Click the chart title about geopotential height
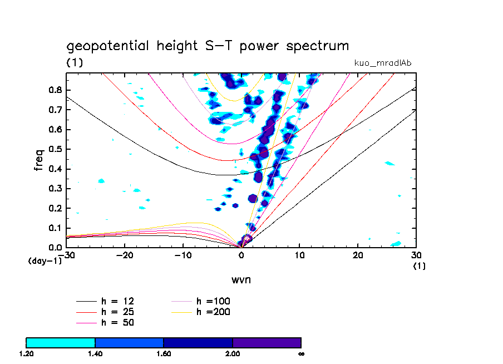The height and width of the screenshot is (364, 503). click(x=208, y=46)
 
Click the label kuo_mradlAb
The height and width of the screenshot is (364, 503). click(x=383, y=63)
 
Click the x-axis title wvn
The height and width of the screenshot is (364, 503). click(x=241, y=279)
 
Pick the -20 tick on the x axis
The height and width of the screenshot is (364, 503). click(x=124, y=254)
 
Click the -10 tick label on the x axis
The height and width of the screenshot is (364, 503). click(x=183, y=254)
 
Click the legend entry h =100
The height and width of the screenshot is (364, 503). click(x=213, y=302)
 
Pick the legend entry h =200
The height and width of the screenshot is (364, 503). click(x=213, y=312)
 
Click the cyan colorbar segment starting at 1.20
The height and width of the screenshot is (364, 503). click(x=61, y=342)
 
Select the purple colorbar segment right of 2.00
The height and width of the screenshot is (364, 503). click(x=267, y=342)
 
